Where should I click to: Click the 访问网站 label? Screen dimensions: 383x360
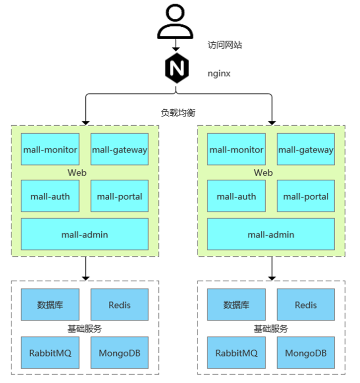tap(225, 45)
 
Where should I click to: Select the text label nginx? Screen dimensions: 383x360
tap(219, 74)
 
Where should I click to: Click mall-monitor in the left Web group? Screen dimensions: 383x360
tap(50, 149)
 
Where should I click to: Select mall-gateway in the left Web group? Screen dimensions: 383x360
tap(119, 149)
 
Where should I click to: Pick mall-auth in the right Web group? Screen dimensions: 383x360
tap(236, 196)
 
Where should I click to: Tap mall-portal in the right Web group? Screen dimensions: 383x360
tap(305, 196)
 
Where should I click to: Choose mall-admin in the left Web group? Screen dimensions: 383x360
tap(84, 234)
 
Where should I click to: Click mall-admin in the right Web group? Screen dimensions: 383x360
tap(271, 234)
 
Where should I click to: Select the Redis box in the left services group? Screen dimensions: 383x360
tap(119, 305)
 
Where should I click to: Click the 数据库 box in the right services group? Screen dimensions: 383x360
tap(236, 305)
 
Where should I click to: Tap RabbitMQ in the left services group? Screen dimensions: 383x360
tap(50, 353)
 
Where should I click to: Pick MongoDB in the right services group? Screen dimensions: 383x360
tap(305, 353)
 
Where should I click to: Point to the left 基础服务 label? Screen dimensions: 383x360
tap(84, 329)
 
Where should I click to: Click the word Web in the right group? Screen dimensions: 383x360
tap(263, 172)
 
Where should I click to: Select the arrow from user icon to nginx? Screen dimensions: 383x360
tap(175, 45)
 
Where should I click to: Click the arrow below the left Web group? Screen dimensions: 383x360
tap(85, 268)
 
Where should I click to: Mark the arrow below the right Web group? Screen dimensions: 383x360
tap(272, 268)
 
